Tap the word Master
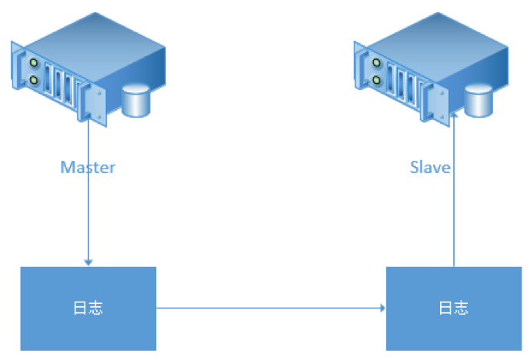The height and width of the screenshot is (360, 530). (88, 167)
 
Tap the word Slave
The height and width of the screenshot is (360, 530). (430, 167)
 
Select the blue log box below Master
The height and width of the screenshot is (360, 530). (88, 308)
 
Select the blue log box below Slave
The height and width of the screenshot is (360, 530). (454, 308)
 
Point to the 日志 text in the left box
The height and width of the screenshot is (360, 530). (88, 308)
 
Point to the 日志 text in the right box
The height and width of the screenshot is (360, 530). (453, 308)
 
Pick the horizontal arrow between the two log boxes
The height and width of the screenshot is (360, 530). (269, 308)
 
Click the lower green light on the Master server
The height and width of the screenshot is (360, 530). (34, 79)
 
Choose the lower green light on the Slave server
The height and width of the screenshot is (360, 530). (377, 79)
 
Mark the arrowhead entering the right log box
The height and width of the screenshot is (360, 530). (382, 308)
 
